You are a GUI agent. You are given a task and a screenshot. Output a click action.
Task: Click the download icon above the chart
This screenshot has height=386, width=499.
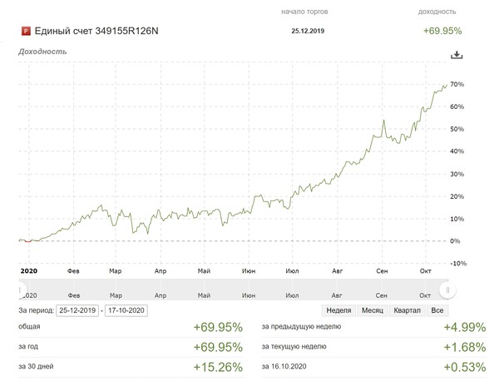tap(456, 55)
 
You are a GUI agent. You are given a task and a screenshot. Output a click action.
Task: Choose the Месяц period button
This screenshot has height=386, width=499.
tap(371, 310)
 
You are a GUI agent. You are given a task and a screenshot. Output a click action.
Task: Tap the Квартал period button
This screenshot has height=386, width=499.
tap(407, 310)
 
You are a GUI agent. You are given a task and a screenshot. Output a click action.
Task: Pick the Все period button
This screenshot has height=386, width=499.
tap(437, 310)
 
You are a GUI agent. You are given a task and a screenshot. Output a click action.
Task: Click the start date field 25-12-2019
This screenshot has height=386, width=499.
tap(77, 310)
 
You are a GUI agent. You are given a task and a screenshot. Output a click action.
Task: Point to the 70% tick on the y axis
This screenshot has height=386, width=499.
tap(456, 85)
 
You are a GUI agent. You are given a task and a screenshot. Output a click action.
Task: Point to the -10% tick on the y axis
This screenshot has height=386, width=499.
tap(456, 263)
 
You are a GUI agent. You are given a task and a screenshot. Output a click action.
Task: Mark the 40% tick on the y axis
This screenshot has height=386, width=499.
tap(456, 151)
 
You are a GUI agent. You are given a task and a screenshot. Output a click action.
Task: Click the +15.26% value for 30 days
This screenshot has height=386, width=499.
tap(217, 366)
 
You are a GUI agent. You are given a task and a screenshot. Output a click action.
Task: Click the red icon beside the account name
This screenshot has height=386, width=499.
tap(25, 32)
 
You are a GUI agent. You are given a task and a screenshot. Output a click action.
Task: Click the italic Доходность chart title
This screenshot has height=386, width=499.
tap(42, 52)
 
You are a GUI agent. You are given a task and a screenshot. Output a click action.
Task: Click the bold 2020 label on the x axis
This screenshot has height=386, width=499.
tap(28, 271)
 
